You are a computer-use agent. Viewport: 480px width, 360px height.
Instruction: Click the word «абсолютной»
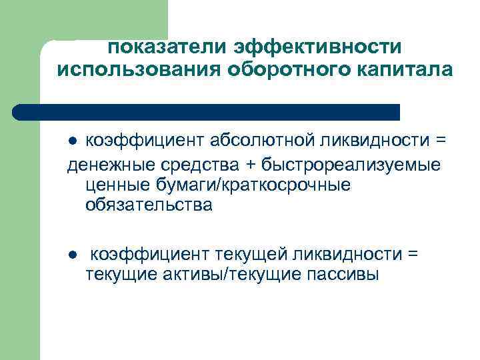pyautogui.click(x=247, y=140)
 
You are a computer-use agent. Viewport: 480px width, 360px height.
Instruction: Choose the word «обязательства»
pyautogui.click(x=149, y=205)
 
